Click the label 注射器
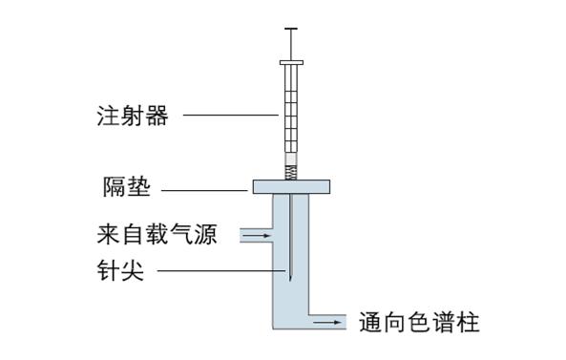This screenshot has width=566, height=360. coord(133,116)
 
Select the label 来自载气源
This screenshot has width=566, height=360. coord(157,234)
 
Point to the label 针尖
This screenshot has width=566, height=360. coord(120,271)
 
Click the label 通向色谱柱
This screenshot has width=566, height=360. coord(419,323)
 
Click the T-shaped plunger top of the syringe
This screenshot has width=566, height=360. coord(291,30)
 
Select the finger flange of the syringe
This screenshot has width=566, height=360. coord(291,64)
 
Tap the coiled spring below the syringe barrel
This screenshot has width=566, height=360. coord(291,173)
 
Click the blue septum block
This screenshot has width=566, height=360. coord(291,186)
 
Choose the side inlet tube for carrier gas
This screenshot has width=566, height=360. coord(256,234)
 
